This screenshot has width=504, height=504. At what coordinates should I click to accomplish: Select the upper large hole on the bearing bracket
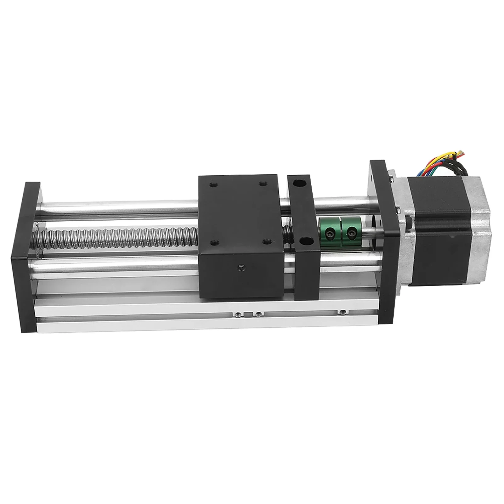[297, 182]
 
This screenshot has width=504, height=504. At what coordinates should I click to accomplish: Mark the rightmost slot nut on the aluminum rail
[343, 312]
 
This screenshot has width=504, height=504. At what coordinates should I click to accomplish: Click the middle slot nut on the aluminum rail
[258, 314]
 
